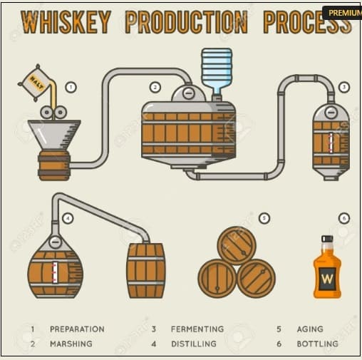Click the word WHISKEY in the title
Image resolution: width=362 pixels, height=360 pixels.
click(x=64, y=21)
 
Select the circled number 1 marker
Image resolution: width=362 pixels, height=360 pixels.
click(x=71, y=87)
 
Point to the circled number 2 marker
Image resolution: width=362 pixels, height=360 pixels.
click(x=155, y=87)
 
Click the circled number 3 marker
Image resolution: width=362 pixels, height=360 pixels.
click(x=344, y=87)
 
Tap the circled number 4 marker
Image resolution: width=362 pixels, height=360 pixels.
click(x=67, y=218)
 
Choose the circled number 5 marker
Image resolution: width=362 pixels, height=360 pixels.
click(x=264, y=218)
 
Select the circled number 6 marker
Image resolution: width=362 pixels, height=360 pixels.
click(x=344, y=218)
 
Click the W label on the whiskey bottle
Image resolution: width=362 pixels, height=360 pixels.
click(x=327, y=277)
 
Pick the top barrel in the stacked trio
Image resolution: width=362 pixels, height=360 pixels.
click(x=237, y=245)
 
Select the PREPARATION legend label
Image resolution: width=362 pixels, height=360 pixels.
click(x=77, y=329)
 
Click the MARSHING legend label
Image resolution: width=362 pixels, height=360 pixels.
click(x=71, y=344)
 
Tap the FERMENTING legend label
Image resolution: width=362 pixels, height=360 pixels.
click(x=197, y=329)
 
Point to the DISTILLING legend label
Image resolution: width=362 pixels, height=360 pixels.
click(x=194, y=344)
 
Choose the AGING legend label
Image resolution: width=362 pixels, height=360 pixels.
click(x=310, y=329)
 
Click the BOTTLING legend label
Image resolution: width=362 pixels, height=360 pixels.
click(x=317, y=344)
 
